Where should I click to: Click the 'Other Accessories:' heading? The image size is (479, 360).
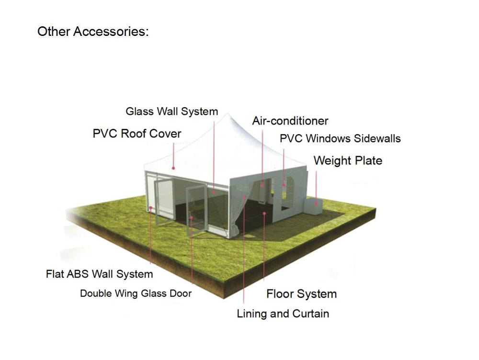click(93, 32)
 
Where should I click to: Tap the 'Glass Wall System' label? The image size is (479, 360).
click(171, 112)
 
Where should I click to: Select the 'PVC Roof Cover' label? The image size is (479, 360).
click(137, 134)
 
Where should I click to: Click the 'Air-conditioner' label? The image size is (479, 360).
click(290, 121)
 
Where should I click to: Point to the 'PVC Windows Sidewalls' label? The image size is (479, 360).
click(340, 138)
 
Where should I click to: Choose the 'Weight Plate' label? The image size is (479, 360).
click(348, 160)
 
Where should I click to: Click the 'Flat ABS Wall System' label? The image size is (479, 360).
click(99, 274)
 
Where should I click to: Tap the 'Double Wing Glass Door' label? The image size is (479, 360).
click(136, 293)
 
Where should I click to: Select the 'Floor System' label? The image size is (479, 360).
click(301, 294)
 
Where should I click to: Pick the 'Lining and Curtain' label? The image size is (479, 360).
click(283, 314)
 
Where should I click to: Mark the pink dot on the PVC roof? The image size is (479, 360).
click(173, 168)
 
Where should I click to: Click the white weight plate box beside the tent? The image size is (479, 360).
click(313, 205)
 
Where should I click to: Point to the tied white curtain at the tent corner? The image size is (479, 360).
click(237, 211)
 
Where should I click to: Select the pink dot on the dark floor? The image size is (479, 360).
click(264, 214)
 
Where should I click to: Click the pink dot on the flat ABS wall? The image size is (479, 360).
click(150, 208)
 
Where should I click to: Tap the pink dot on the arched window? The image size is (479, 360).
click(284, 184)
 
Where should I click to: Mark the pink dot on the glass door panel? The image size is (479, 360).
click(191, 218)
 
